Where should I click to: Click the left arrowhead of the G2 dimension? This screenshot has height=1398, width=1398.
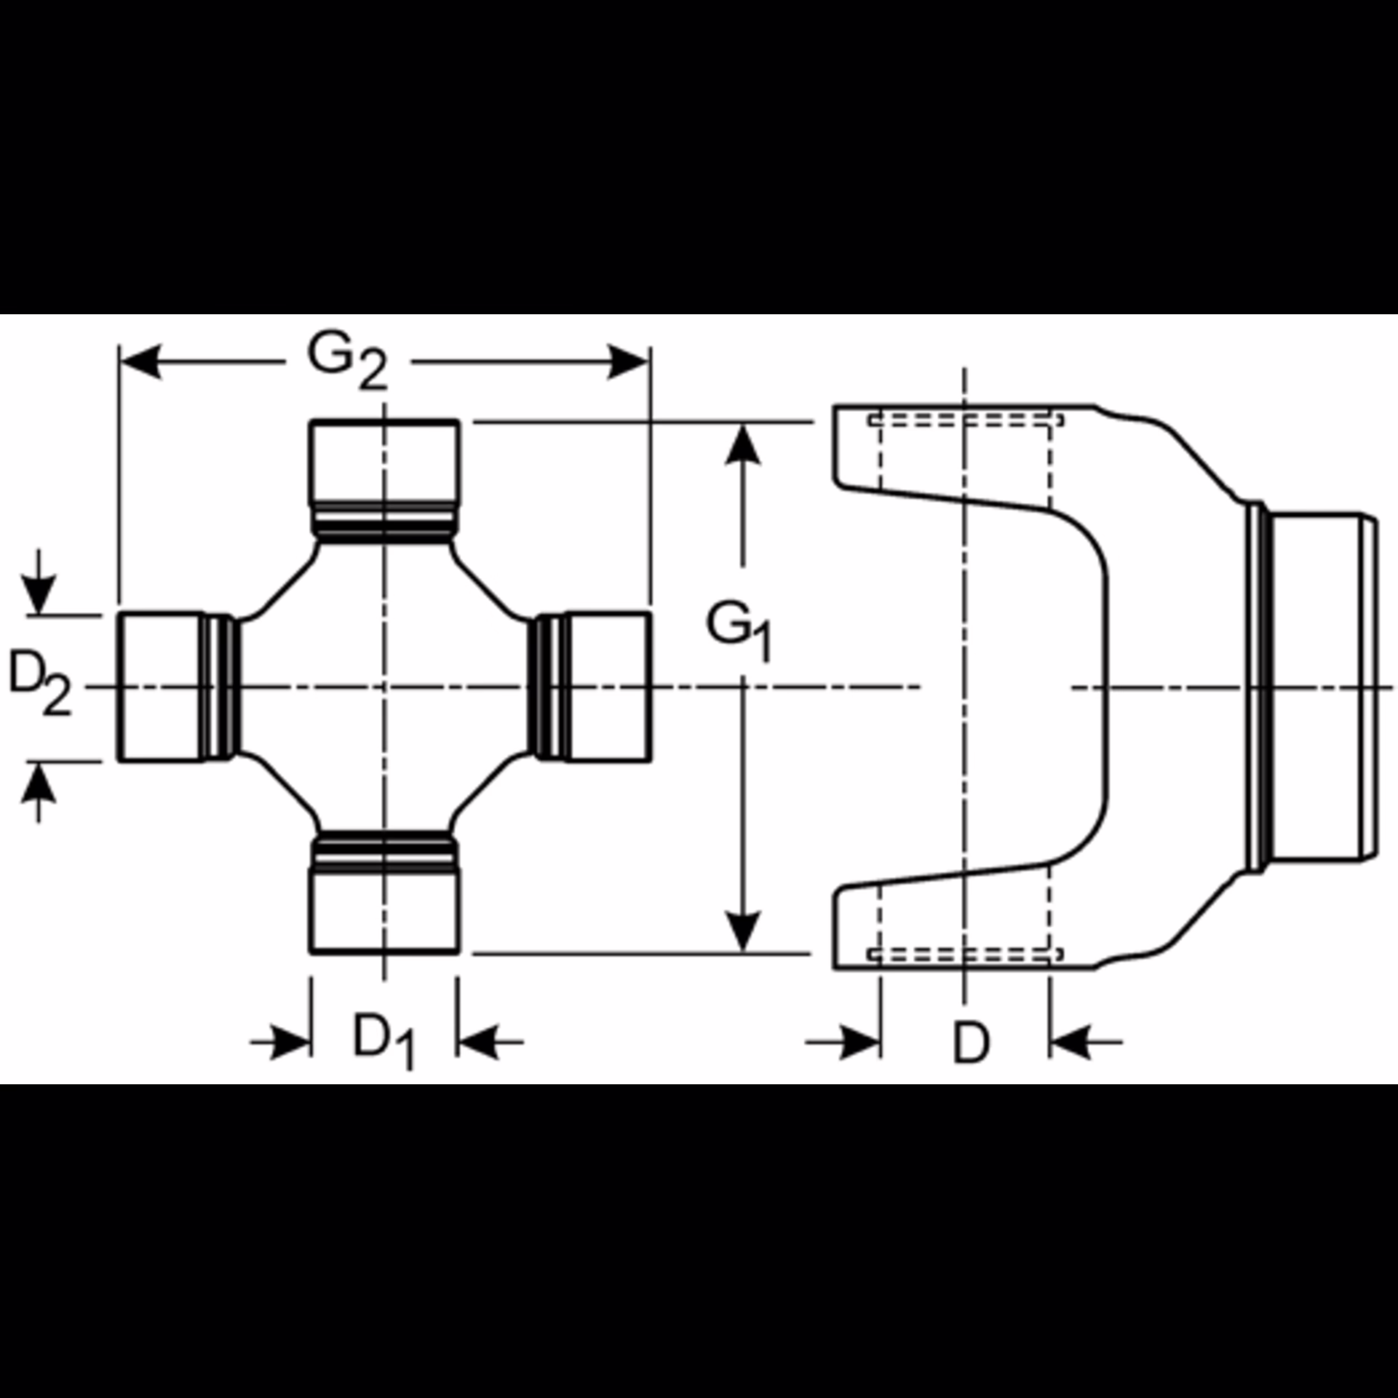141,362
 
